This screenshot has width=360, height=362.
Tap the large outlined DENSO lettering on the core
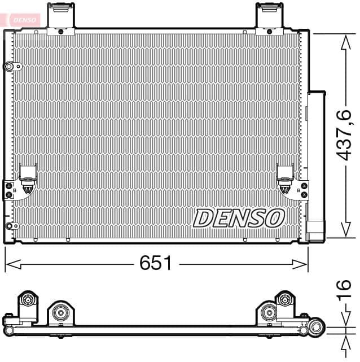pyautogui.click(x=239, y=217)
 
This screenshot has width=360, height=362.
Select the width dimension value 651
pyautogui.click(x=156, y=263)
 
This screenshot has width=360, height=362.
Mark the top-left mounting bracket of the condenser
pyautogui.click(x=61, y=17)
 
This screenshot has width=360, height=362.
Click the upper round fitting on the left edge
pyautogui.click(x=10, y=67)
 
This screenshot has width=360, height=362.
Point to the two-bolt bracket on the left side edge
pyautogui.click(x=8, y=189)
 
